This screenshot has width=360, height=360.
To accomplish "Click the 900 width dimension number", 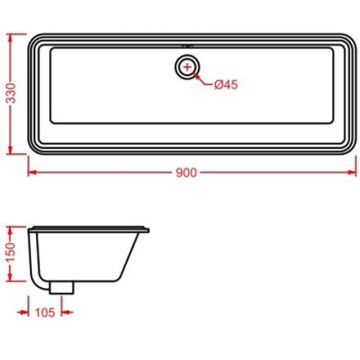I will click(x=185, y=172).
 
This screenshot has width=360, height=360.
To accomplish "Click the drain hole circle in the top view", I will click(x=186, y=68).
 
